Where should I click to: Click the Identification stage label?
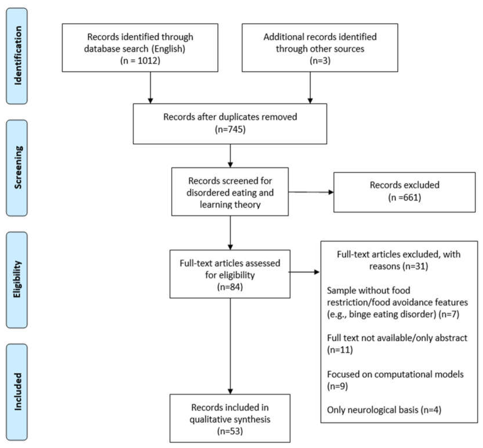point(17,56)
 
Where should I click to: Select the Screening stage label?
point(17,167)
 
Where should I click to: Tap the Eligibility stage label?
point(17,279)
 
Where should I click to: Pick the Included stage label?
point(17,391)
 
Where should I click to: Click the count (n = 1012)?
point(140,61)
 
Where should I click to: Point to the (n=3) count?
point(320,61)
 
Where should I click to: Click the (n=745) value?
point(230,129)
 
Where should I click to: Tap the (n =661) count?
point(404,197)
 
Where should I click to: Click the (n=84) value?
point(230,287)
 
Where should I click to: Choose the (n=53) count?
point(230,431)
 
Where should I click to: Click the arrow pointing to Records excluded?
point(311,192)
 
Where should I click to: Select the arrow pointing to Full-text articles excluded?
point(304,272)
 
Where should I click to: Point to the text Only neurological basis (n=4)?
point(384,410)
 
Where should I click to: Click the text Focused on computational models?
point(395,374)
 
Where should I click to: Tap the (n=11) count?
point(340,350)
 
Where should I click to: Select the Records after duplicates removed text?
point(230,117)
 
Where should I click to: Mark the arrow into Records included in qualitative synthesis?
point(230,347)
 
